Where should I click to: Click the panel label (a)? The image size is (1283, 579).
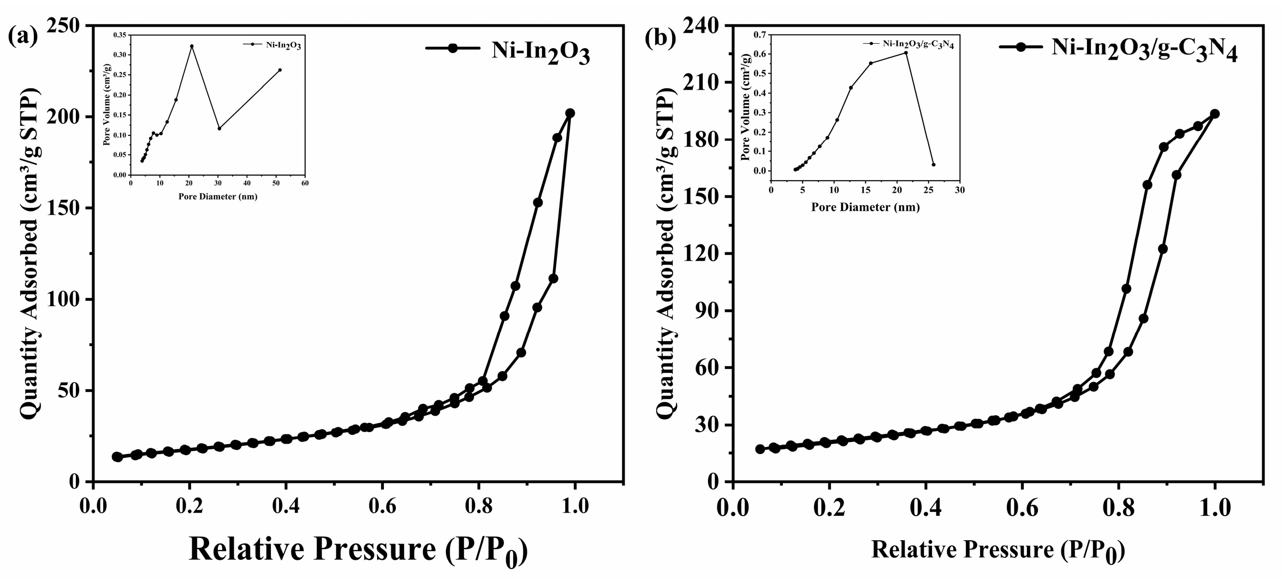[23, 37]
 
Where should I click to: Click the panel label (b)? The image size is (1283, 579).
[660, 38]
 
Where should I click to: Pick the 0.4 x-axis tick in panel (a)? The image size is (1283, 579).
[286, 507]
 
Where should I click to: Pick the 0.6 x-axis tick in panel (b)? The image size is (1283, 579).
[1021, 507]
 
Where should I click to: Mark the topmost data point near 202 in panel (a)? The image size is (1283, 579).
[570, 113]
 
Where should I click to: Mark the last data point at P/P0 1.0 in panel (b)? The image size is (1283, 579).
[1215, 114]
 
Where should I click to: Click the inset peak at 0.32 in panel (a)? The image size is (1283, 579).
[192, 46]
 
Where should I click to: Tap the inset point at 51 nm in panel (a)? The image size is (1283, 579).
[280, 70]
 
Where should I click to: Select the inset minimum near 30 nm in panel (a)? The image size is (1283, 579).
[219, 128]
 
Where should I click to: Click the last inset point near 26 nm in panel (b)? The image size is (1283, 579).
[934, 164]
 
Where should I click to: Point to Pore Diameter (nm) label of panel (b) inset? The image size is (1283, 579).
[865, 207]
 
